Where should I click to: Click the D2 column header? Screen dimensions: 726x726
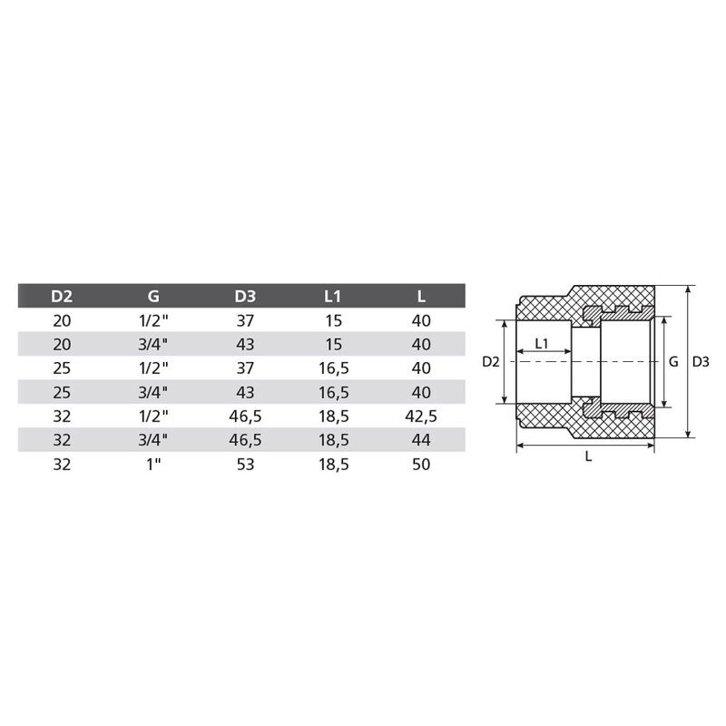[x=62, y=297]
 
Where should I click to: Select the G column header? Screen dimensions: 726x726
[x=153, y=297]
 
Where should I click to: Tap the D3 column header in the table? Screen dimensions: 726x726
[x=245, y=297]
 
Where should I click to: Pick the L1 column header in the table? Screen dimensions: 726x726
[x=332, y=297]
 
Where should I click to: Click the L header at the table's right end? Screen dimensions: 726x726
[x=421, y=297]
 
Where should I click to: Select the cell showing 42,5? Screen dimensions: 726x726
[x=421, y=417]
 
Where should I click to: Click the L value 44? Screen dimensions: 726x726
[x=421, y=440]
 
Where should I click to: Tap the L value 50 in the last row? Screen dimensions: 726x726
[x=421, y=465]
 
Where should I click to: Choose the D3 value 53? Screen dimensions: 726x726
[x=245, y=465]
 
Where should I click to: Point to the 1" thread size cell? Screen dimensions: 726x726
[x=153, y=465]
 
